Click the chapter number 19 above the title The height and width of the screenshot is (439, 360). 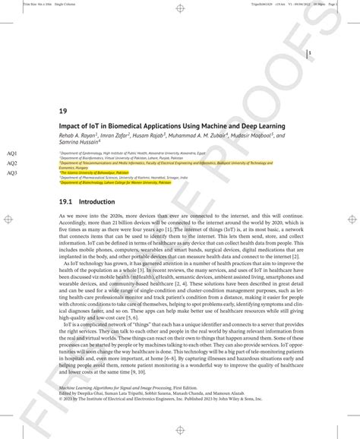63,110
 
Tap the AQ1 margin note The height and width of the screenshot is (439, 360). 11,153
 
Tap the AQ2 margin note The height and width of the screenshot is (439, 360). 11,163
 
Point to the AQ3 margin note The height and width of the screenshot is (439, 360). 11,173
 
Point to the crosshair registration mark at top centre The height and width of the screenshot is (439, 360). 180,8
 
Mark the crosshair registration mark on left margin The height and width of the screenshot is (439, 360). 8,219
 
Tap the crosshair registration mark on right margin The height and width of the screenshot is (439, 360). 351,219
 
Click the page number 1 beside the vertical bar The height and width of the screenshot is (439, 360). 311,54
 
